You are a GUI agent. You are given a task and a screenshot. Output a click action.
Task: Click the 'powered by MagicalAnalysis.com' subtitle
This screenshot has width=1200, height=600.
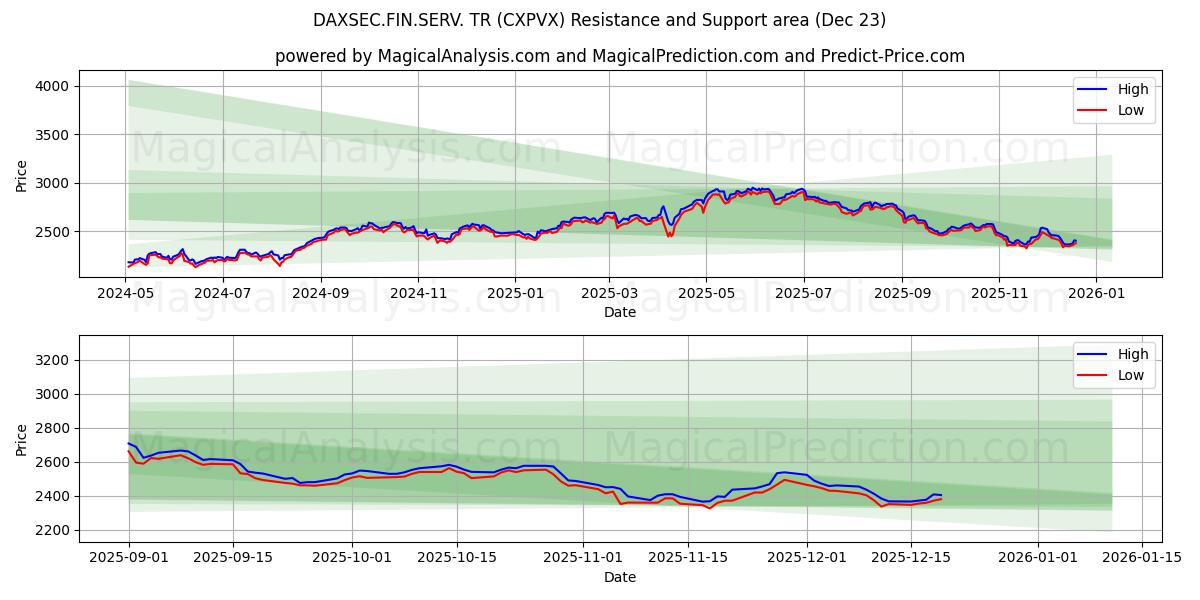click(620, 56)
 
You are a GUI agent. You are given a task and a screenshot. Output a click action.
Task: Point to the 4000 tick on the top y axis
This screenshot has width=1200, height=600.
click(51, 87)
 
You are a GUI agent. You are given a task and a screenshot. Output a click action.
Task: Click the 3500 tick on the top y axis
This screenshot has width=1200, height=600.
click(51, 135)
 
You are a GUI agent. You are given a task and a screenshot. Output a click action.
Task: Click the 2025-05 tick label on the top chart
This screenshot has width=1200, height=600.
click(706, 294)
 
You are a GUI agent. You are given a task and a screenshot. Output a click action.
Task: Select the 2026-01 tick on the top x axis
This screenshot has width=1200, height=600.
click(1096, 294)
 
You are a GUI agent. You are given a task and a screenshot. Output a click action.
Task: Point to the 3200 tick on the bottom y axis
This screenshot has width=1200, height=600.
click(51, 360)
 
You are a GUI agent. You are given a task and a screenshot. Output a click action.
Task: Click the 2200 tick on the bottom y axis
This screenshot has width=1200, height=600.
click(51, 530)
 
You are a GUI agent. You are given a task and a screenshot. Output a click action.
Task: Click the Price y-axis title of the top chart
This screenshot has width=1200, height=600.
click(22, 174)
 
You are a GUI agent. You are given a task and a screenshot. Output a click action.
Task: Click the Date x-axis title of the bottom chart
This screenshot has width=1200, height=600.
click(620, 577)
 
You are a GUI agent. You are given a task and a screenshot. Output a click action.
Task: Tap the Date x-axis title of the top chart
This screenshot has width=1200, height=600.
click(620, 312)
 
